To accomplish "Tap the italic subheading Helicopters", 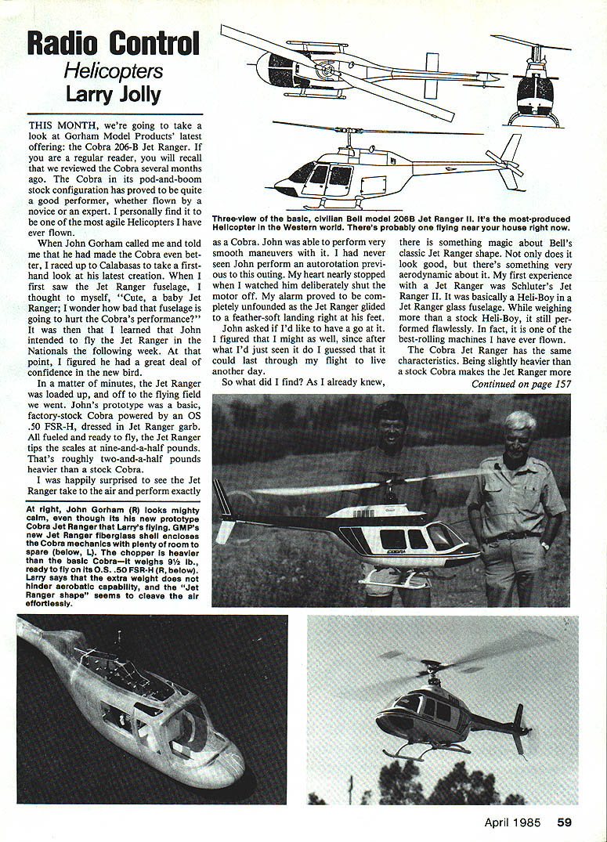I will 113,70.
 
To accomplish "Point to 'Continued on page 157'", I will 520,384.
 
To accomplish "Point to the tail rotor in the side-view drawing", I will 504,164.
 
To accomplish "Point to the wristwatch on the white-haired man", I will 544,546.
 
